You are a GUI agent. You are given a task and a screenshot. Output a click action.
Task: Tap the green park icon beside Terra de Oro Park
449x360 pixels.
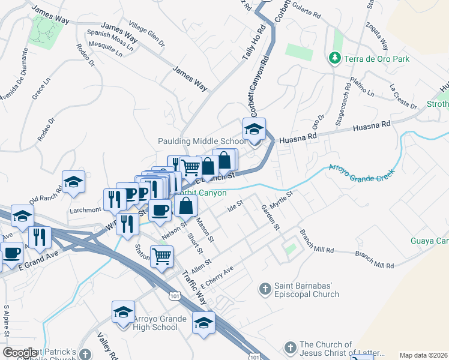pyautogui.click(x=334, y=59)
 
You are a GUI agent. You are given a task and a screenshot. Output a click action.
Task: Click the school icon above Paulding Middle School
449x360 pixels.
pyautogui.click(x=254, y=129)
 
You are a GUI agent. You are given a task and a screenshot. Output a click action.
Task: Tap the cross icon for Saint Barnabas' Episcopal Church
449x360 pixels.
pyautogui.click(x=264, y=289)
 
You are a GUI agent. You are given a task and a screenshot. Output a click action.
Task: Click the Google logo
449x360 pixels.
pyautogui.click(x=20, y=353)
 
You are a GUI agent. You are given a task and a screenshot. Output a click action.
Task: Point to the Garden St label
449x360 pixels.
pyautogui.click(x=270, y=217)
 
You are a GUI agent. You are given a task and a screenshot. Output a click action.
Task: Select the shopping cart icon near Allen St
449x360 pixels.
pyautogui.click(x=161, y=257)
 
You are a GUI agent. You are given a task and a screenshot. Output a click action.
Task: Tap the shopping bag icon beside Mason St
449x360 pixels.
pyautogui.click(x=187, y=206)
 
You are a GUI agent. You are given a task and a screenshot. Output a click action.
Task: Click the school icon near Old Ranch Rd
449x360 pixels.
pyautogui.click(x=73, y=182)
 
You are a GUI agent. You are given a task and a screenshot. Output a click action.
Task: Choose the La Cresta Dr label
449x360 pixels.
pyautogui.click(x=403, y=97)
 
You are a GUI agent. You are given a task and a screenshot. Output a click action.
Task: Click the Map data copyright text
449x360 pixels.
pyautogui.click(x=423, y=355)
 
